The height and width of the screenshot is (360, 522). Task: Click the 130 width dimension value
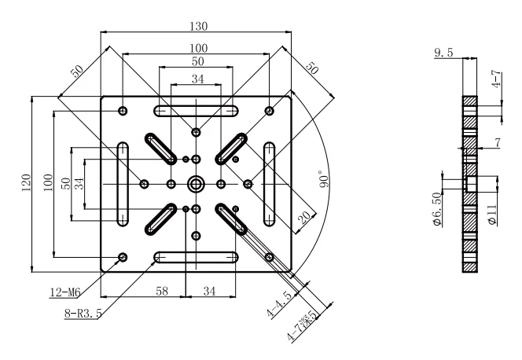(199, 26)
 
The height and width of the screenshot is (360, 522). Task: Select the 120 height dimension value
(26, 182)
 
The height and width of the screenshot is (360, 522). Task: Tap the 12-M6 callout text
(65, 292)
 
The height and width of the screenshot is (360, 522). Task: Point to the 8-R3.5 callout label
(83, 314)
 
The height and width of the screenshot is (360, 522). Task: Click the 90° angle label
(324, 179)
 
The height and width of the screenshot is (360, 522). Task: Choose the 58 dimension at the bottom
(162, 291)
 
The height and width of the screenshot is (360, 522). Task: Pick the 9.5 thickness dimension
(443, 53)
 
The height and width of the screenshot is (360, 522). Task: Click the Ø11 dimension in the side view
(493, 215)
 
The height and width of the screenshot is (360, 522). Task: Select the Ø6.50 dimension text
(437, 209)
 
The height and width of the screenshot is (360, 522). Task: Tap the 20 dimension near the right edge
(305, 217)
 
